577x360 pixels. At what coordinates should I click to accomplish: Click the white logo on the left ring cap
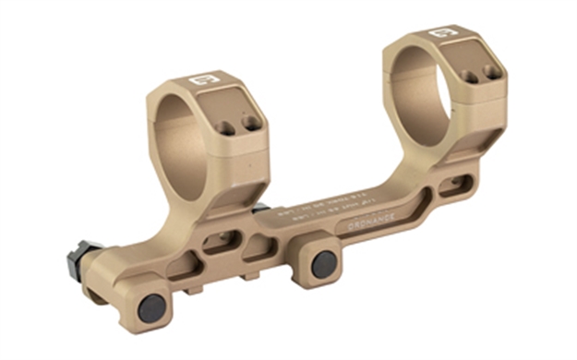coord(199,80)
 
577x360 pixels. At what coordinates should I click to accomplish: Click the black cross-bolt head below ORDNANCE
coord(324,263)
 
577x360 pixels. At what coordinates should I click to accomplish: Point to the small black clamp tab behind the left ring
coord(260,209)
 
